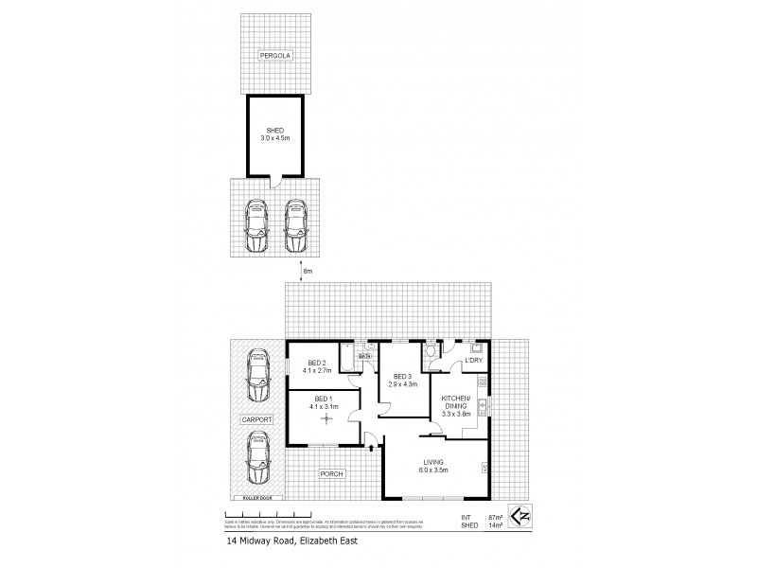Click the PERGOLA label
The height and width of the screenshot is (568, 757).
click(275, 56)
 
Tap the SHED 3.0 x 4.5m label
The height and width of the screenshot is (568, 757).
click(275, 133)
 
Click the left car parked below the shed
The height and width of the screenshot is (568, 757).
click(254, 225)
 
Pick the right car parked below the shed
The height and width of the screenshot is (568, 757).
click(296, 225)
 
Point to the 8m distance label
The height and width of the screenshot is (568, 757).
click(307, 273)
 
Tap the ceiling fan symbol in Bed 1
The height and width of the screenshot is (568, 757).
click(327, 418)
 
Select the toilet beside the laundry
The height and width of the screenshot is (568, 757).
click(431, 353)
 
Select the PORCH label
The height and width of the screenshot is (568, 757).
click(330, 474)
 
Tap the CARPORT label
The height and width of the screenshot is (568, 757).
click(255, 418)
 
